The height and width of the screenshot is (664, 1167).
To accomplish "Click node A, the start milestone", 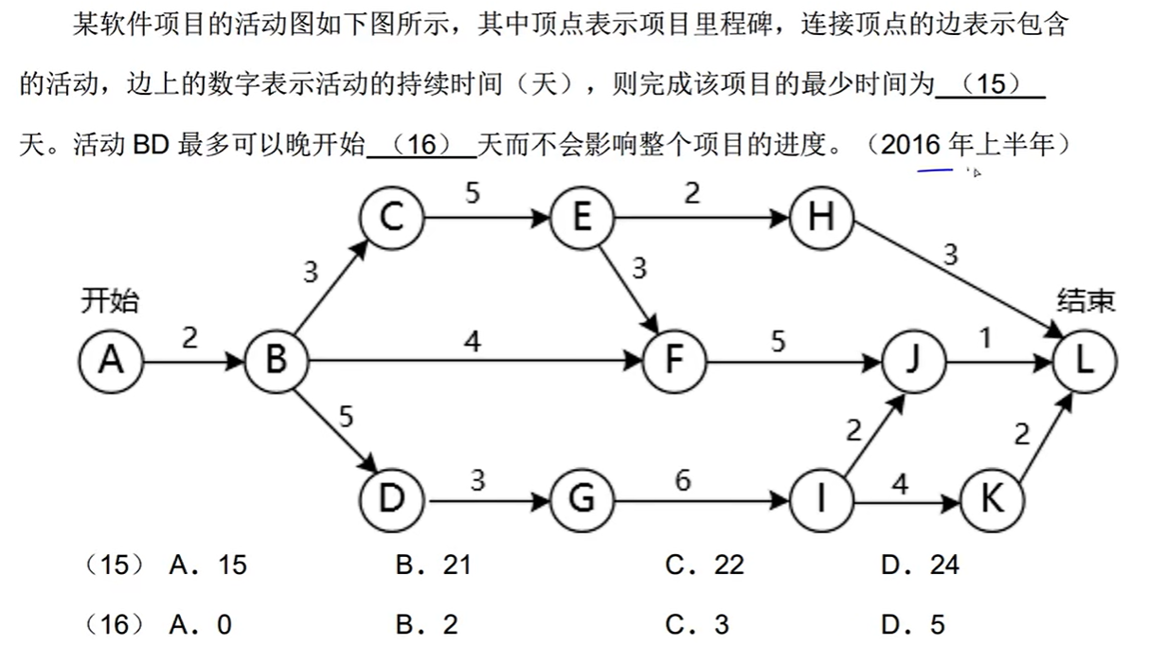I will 112,361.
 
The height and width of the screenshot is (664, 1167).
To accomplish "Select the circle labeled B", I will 276,361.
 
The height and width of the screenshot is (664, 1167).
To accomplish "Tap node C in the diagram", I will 391,218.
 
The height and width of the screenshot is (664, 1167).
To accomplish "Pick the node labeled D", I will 391,498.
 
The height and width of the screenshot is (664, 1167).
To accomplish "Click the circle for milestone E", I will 582,218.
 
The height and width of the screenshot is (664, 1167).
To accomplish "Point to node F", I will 673,361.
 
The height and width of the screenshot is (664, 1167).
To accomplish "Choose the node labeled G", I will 582,498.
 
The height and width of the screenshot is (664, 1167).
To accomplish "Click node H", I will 821,218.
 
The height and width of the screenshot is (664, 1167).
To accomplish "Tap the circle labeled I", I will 821,498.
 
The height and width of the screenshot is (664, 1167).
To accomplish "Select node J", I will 912,361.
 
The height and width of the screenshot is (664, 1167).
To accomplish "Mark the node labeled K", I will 992,498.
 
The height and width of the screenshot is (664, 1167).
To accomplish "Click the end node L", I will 1086,361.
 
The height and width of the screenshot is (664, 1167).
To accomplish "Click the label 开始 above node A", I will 110,301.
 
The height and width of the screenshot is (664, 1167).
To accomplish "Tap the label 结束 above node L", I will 1086,301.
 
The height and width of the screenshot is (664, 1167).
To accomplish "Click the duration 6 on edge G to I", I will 682,480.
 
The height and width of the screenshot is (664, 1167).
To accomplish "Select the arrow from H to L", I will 957,276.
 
